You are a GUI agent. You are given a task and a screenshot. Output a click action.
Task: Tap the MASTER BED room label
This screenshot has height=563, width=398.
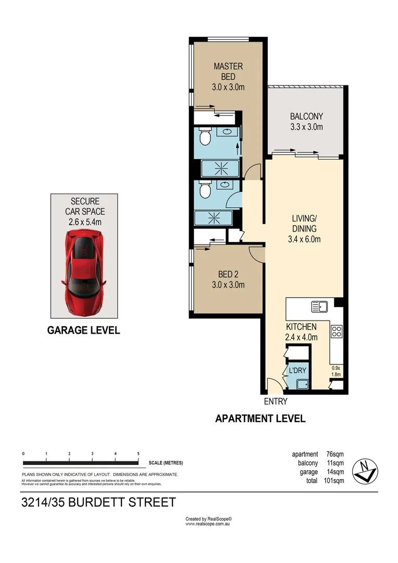(228, 77)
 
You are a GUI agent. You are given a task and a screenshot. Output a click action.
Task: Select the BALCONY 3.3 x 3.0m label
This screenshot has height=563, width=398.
(306, 121)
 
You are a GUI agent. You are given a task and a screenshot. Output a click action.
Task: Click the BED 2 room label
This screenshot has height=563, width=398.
(228, 279)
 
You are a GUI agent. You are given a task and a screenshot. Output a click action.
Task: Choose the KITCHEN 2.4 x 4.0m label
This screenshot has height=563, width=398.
(301, 332)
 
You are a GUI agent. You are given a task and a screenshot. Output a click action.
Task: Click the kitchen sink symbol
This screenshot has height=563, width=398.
(319, 307)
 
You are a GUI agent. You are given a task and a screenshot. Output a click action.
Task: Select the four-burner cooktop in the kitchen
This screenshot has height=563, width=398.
(337, 332)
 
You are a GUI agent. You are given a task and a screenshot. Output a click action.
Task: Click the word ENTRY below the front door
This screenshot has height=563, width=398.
(276, 401)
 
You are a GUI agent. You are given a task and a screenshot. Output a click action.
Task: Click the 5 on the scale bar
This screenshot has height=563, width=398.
(138, 454)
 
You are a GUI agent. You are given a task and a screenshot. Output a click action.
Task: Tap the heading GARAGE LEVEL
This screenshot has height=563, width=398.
(83, 330)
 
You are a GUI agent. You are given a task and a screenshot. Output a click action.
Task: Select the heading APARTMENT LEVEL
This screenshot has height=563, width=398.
(260, 418)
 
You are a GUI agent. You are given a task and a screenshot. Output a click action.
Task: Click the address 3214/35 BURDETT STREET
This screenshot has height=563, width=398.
(98, 503)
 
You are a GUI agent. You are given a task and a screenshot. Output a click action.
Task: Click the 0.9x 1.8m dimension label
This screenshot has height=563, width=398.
(336, 371)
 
